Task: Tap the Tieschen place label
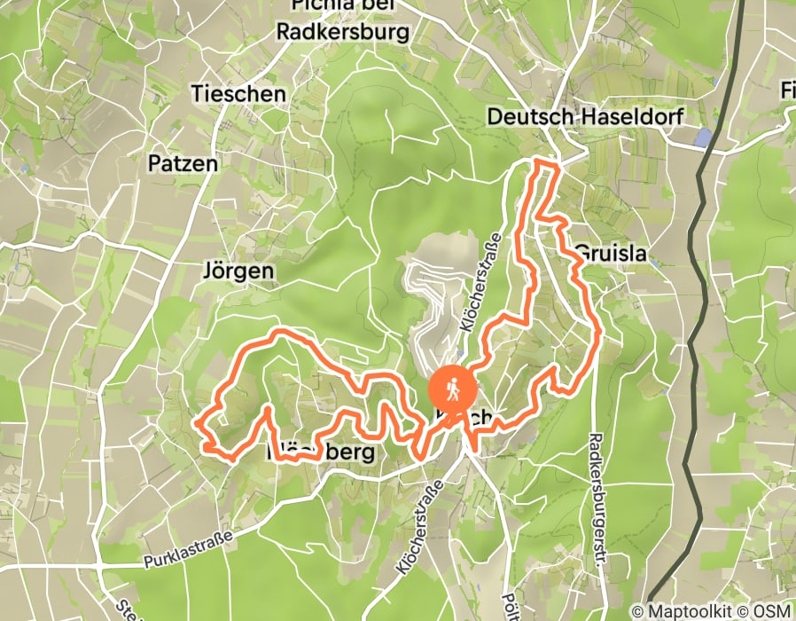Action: pos(238,93)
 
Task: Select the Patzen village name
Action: pos(183,163)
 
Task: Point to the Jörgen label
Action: pos(238,270)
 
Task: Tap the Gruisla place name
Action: pos(611,255)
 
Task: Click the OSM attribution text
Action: pos(769,611)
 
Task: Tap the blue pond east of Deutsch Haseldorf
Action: pos(705,138)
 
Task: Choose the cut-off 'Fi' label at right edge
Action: pos(787,90)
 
